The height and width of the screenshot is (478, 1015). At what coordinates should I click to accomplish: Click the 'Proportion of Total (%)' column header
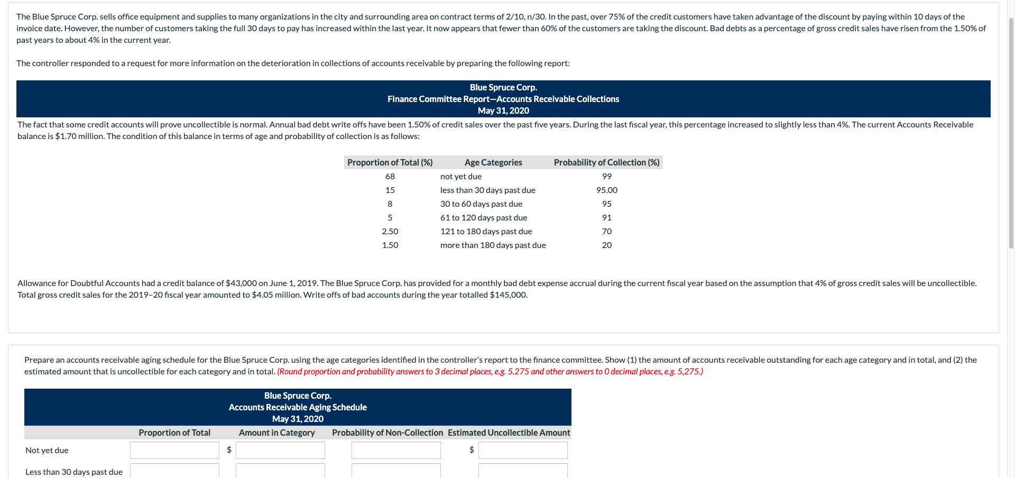(390, 162)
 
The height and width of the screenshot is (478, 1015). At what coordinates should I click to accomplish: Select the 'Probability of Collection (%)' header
(606, 162)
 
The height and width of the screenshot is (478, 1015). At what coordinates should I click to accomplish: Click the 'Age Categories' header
(493, 162)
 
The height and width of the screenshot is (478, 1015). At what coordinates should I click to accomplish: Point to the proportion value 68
(390, 177)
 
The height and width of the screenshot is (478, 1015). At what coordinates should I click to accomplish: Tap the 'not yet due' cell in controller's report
(460, 177)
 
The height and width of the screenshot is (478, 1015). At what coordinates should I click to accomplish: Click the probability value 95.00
(606, 190)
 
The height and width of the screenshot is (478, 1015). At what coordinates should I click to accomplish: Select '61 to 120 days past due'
(483, 218)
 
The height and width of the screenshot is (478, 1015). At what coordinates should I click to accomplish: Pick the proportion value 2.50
(390, 232)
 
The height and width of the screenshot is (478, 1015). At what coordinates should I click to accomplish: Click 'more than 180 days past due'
(493, 245)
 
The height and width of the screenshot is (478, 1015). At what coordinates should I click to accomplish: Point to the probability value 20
(606, 245)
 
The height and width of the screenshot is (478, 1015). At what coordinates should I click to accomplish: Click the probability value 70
(606, 232)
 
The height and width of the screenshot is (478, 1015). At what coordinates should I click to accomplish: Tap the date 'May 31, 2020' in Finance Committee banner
(503, 111)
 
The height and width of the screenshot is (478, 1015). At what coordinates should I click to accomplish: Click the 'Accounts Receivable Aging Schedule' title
(298, 407)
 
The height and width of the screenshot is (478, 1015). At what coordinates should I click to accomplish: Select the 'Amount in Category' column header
(276, 433)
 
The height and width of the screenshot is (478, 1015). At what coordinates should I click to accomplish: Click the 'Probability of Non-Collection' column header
(387, 433)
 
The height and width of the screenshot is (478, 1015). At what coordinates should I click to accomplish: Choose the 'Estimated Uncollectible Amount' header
(509, 433)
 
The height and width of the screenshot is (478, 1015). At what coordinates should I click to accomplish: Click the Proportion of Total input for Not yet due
(174, 451)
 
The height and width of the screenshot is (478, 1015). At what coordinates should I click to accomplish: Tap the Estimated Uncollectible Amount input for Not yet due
(522, 451)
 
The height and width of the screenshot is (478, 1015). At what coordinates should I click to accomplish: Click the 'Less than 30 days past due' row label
(73, 472)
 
